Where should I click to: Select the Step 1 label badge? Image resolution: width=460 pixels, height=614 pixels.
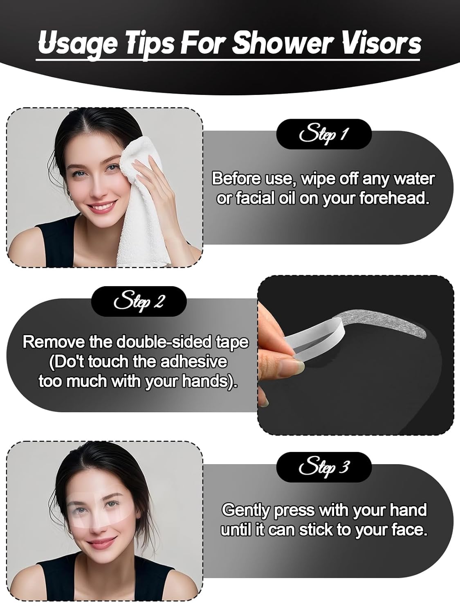323,134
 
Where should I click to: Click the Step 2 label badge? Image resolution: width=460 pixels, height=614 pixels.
139,301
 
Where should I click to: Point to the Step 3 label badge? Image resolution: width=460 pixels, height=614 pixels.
323,467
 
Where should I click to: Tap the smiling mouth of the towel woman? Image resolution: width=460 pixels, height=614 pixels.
100,207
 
